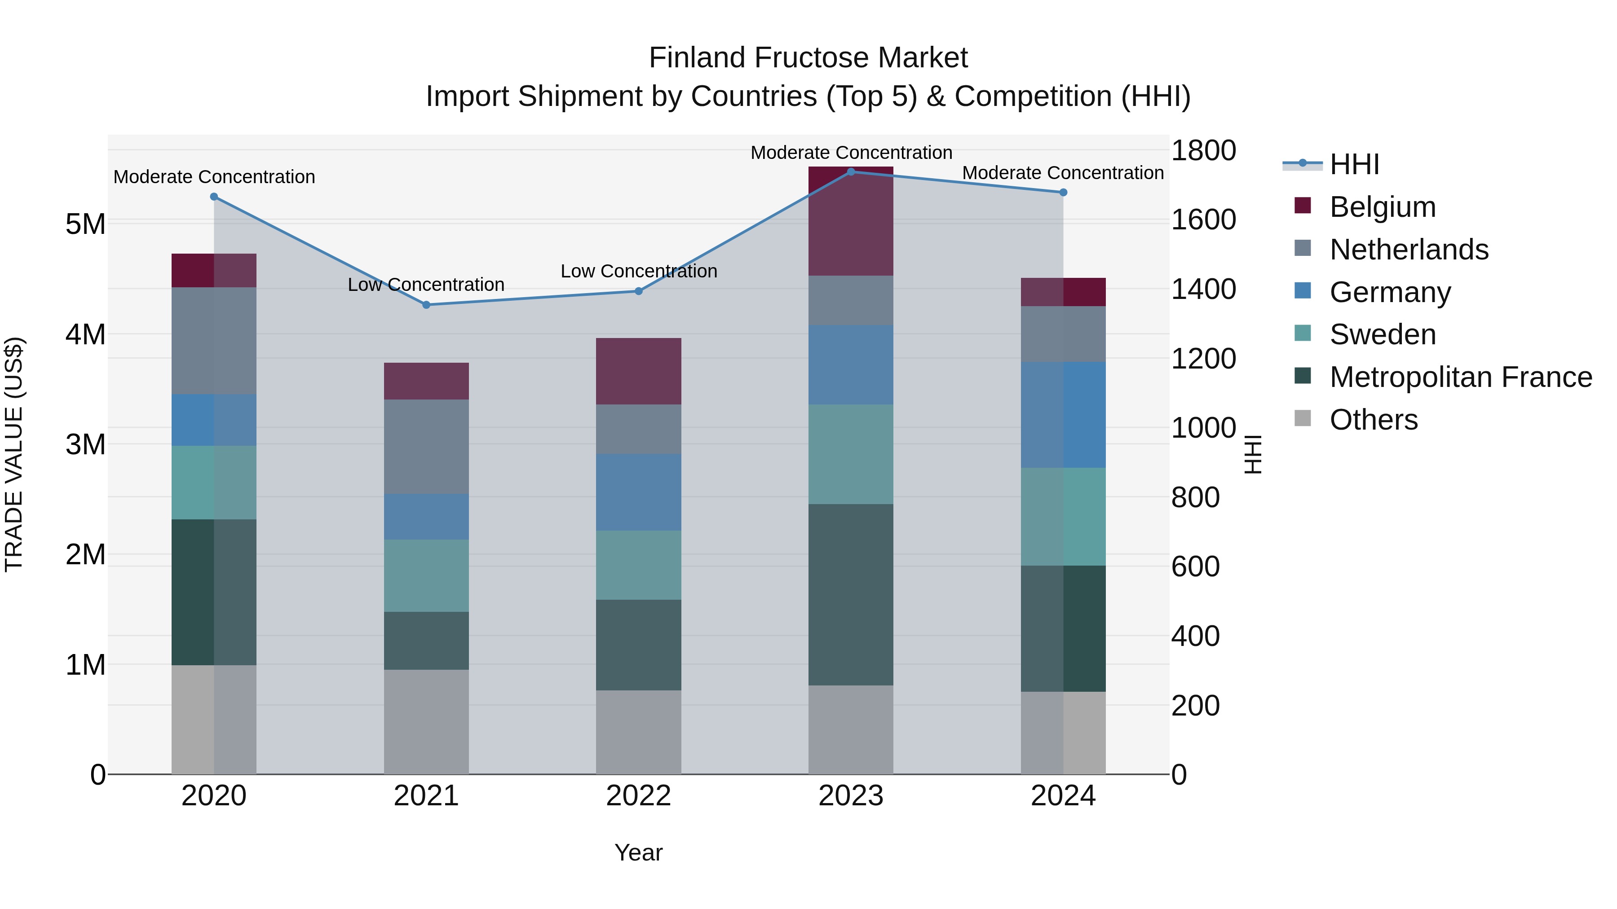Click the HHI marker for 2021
[426, 305]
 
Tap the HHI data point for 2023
[851, 172]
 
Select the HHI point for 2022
[638, 291]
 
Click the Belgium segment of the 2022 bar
[638, 371]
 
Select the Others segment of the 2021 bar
[426, 721]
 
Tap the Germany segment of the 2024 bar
[1063, 415]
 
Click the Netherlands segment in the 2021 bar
[426, 447]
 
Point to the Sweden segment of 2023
[851, 454]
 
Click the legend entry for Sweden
[1382, 334]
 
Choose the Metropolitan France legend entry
[1460, 377]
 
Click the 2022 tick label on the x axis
[638, 796]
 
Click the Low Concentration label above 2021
[426, 285]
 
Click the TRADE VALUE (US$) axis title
[14, 454]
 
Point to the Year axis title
[638, 852]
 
